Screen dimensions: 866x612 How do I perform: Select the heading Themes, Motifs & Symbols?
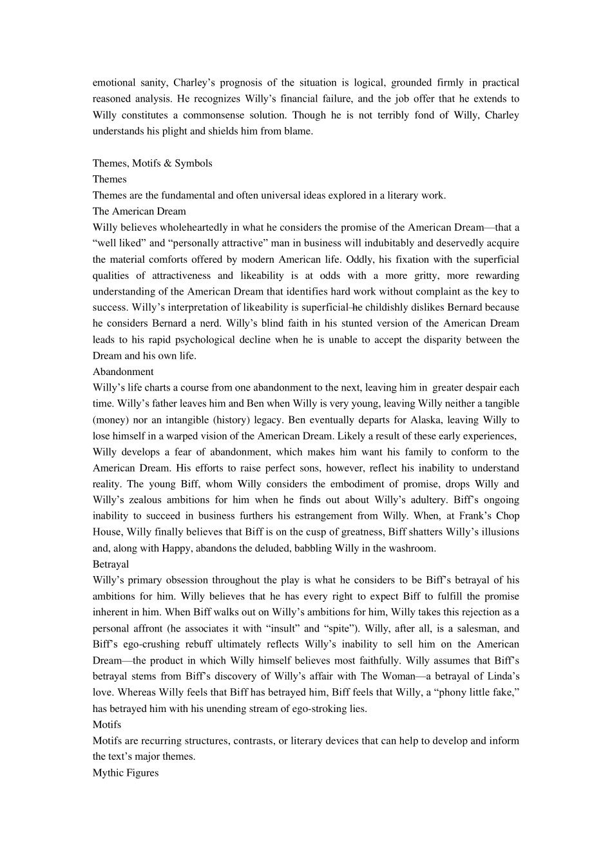point(152,163)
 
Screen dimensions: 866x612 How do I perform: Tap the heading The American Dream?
point(139,211)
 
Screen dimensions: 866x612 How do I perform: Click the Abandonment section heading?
point(123,372)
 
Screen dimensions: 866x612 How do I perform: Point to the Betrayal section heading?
point(111,564)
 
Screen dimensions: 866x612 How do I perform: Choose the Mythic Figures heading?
point(126,773)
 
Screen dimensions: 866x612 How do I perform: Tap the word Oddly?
point(359,260)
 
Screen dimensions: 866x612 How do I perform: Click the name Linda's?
point(503,677)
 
